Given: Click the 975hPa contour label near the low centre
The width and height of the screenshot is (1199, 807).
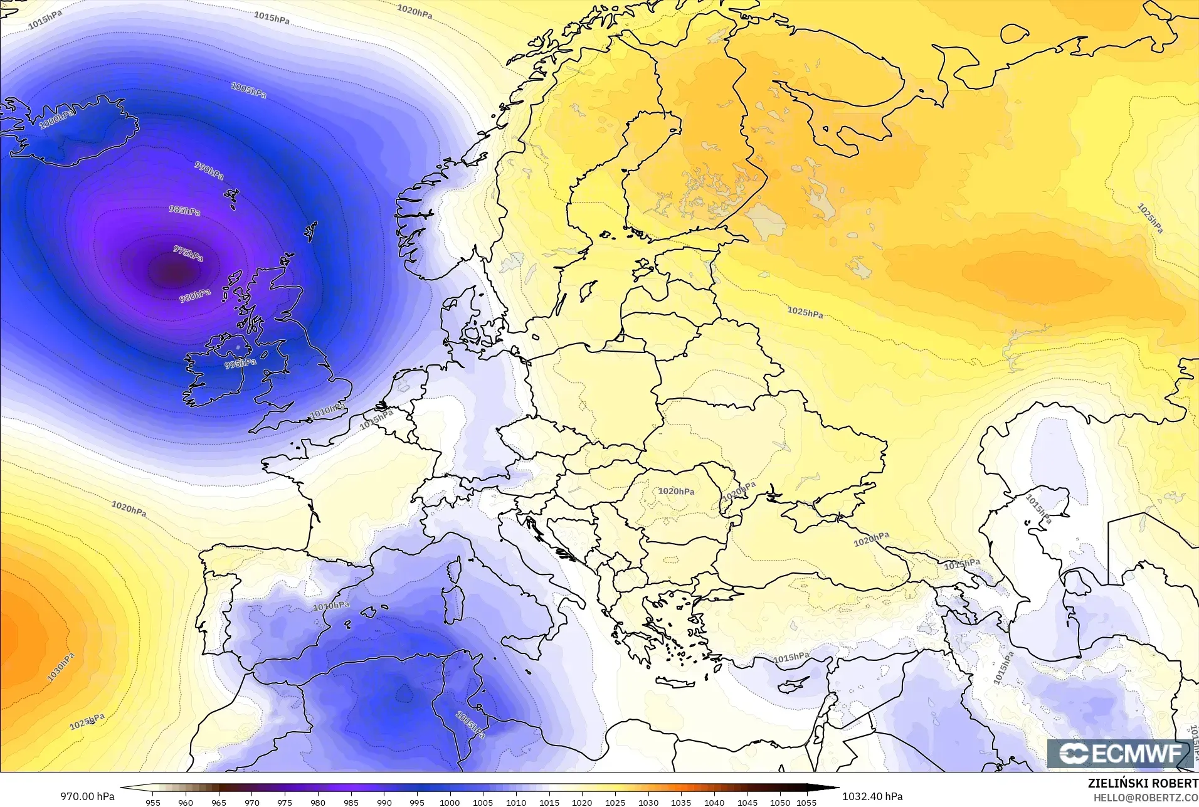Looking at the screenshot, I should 188,254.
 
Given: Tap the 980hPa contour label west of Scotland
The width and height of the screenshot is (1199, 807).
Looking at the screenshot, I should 195,295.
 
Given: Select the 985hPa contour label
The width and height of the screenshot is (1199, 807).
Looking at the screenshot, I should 184,211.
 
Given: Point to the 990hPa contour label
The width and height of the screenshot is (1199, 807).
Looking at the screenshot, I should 209,171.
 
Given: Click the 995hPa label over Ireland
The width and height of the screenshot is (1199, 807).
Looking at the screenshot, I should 240,364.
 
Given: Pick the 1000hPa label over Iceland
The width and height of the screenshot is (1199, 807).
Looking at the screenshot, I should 57,119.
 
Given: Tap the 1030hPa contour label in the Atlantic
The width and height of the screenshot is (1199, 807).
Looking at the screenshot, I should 60,667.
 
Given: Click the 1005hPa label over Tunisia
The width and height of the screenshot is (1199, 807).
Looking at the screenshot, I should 470,724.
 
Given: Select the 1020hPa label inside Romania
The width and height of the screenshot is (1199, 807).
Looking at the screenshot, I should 676,492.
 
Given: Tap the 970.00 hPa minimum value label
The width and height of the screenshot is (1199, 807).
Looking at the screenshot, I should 87,796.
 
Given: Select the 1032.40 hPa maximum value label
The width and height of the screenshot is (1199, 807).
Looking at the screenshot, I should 872,796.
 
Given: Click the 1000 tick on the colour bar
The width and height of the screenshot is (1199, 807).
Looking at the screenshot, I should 450,802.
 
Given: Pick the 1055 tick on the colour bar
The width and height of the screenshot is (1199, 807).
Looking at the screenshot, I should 806,802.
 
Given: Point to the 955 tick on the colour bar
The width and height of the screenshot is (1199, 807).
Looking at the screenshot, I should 153,802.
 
